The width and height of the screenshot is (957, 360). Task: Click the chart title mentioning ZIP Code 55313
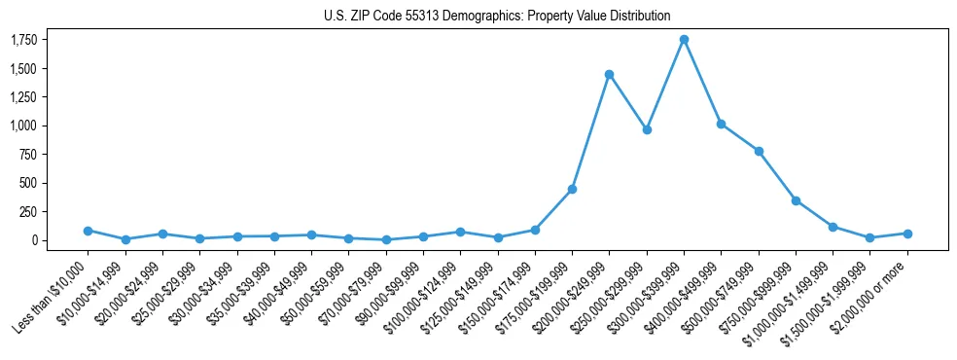click(x=497, y=16)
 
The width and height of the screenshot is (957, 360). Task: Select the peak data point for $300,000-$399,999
click(x=684, y=39)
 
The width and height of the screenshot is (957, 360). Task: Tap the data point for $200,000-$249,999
click(x=609, y=74)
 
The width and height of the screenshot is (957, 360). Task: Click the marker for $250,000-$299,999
click(x=647, y=129)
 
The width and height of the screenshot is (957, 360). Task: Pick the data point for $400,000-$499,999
click(x=721, y=124)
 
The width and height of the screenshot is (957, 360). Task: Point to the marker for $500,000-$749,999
click(x=759, y=151)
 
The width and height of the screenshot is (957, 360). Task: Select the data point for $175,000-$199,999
click(x=572, y=189)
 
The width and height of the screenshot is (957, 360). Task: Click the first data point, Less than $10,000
click(x=89, y=231)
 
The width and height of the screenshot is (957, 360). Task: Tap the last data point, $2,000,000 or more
click(x=907, y=234)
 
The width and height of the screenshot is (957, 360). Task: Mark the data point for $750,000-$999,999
click(x=796, y=200)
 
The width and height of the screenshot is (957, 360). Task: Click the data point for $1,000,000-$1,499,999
click(x=833, y=227)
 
